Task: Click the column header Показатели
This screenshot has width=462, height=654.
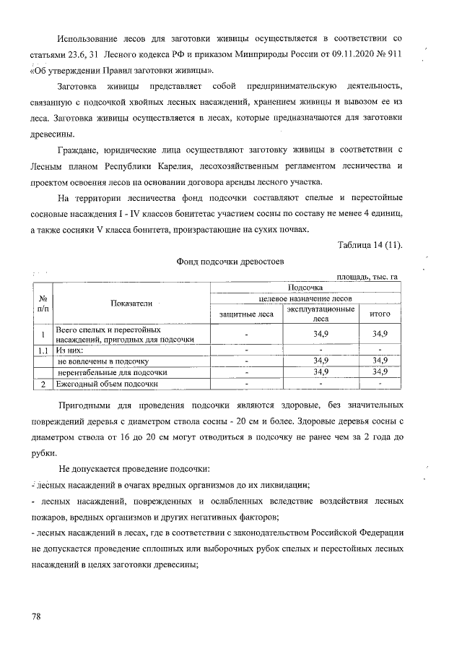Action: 131,304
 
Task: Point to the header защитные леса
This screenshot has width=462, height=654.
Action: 246,314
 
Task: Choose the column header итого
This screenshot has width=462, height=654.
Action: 380,314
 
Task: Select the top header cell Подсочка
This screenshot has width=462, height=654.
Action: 311,287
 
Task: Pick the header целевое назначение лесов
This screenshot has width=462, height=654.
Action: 311,298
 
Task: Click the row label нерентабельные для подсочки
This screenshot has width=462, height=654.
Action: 113,371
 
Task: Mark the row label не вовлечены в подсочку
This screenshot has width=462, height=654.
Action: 103,360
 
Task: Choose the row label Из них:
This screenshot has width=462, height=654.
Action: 71,350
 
